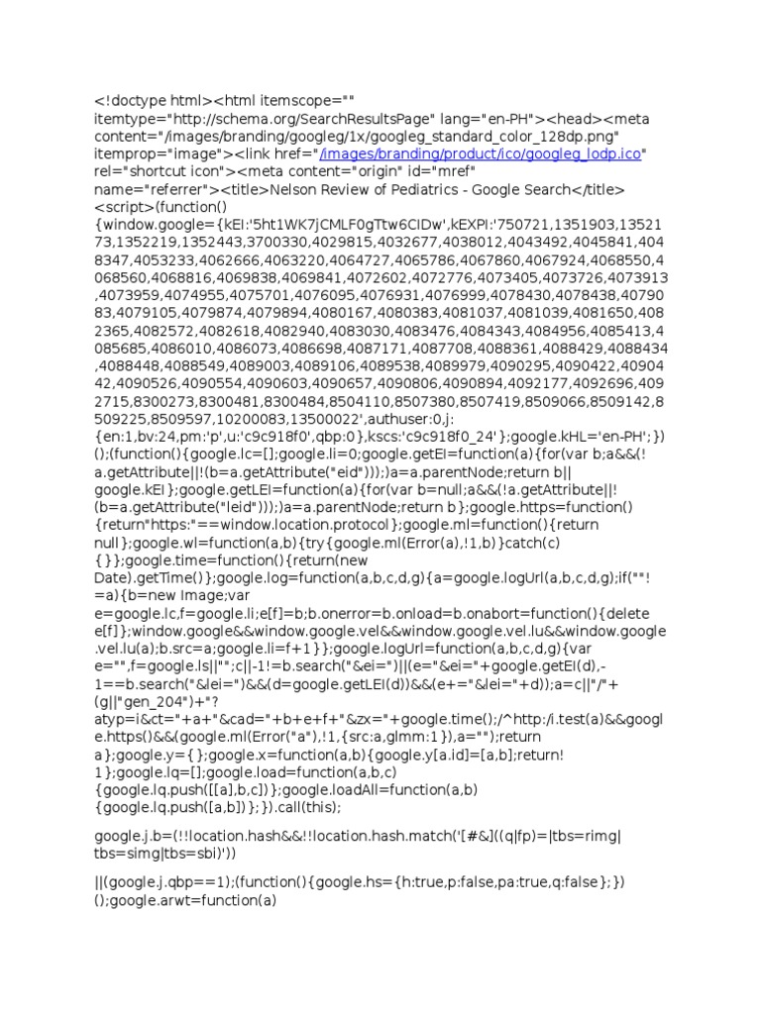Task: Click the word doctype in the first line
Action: pos(142,100)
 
